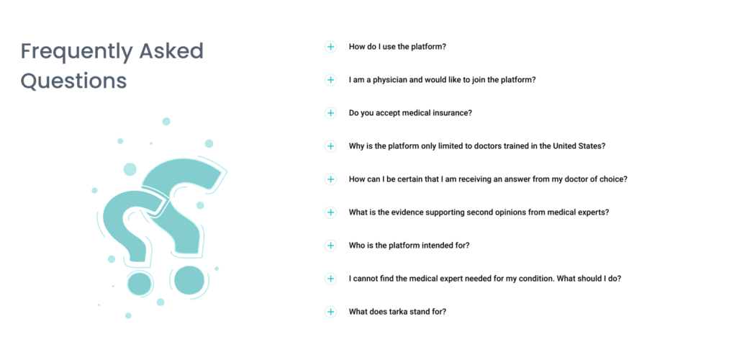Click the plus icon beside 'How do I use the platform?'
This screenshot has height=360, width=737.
click(x=330, y=47)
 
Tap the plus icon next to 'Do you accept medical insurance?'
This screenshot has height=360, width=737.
click(x=330, y=113)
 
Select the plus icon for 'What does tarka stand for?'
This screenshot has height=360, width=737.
click(x=330, y=312)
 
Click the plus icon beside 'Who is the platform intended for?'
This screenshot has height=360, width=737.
click(x=330, y=246)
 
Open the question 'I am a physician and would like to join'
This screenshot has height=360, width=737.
click(x=443, y=80)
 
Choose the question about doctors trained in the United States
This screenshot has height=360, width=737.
click(x=477, y=146)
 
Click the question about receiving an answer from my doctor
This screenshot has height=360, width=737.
click(x=488, y=179)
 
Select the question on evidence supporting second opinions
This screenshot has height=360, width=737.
click(x=479, y=212)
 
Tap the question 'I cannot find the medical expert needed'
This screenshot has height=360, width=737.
click(x=485, y=278)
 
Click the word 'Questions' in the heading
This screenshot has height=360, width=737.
click(x=74, y=81)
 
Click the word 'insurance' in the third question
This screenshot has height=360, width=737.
click(x=454, y=113)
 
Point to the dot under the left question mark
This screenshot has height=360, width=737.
click(x=140, y=284)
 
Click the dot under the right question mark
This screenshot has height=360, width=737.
click(x=189, y=280)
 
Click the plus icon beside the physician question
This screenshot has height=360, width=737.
click(x=330, y=80)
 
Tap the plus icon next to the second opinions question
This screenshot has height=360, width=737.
click(x=330, y=212)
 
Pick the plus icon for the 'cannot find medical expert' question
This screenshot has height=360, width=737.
click(x=330, y=278)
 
